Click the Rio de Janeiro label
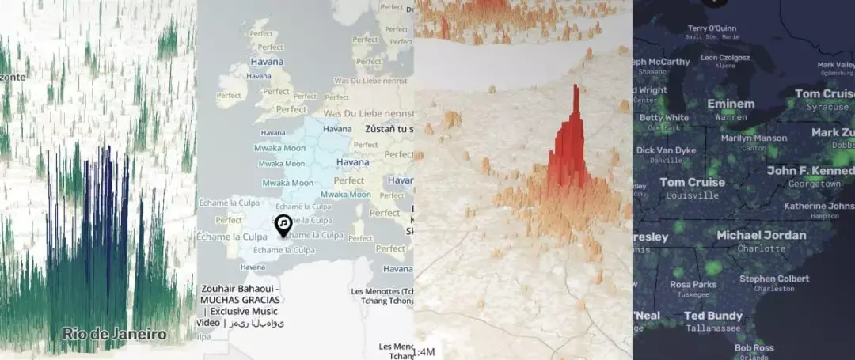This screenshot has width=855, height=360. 114,334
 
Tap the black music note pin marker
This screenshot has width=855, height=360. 283,225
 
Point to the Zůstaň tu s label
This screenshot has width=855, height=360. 388,128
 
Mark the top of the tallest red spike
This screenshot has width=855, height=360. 577,87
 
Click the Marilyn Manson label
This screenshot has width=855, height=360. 754,138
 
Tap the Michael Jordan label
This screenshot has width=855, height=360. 761,235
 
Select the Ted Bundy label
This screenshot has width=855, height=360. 712,316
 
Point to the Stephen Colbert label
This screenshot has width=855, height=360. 774,279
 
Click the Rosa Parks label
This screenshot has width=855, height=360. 693,285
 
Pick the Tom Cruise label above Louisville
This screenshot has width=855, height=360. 692,182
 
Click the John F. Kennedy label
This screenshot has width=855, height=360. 810,170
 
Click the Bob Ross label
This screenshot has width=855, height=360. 753,347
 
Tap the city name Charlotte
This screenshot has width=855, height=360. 761,248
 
